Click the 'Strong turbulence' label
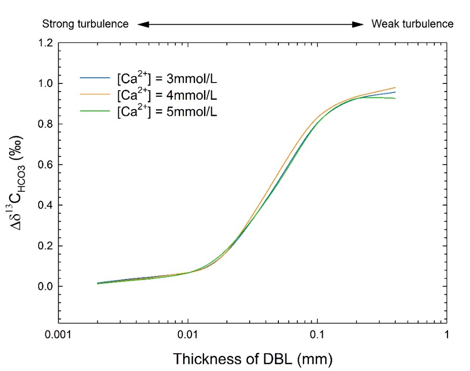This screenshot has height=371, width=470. coord(85,24)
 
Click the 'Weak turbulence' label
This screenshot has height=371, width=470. coord(412,24)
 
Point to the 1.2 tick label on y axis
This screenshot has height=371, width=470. coord(46,43)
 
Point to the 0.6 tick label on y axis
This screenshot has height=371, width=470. coord(46,165)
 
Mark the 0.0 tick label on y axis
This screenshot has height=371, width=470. coord(46,287)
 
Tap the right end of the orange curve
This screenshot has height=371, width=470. coord(395,88)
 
